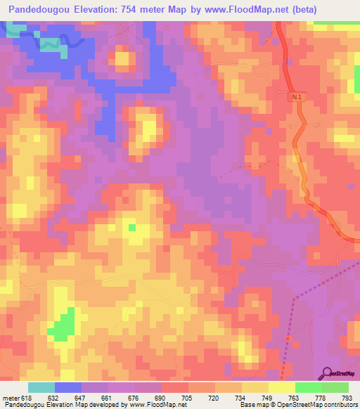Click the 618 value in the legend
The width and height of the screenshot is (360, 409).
click(25, 398)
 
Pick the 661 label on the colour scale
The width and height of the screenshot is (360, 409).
click(107, 398)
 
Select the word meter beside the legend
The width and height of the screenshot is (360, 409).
click(10, 398)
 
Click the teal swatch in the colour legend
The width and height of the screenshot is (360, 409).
click(41, 387)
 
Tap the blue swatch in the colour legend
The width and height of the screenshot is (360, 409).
click(68, 387)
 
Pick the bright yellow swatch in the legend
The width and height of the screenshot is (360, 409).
click(281, 387)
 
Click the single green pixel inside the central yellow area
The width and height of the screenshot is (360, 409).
click(131, 227)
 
